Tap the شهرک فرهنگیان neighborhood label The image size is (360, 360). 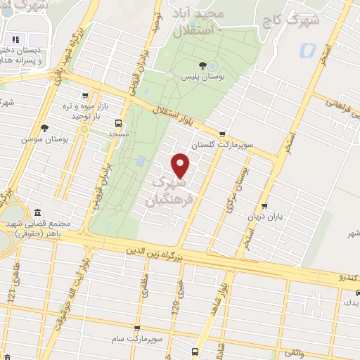pos(167,191)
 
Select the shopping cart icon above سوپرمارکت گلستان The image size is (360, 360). pos(223,134)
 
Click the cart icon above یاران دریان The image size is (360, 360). pos(264,207)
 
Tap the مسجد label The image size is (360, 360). pos(118,131)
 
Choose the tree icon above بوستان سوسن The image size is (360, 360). pos(45,128)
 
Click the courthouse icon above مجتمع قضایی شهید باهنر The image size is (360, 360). pos(37,212)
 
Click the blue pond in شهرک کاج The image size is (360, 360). pos(307,51)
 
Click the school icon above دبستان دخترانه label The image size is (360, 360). pos(15,39)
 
